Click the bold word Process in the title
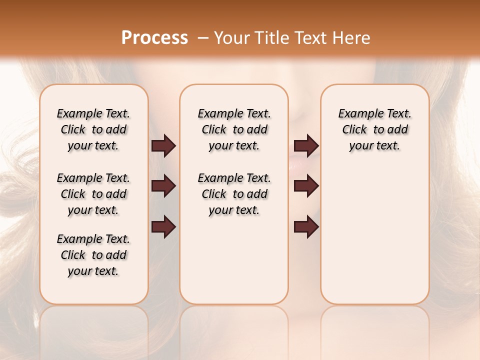pos(154,38)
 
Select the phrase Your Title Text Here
pos(292,38)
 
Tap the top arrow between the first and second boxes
pos(163,145)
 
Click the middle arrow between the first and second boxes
pos(163,186)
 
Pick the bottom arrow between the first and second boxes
pos(163,226)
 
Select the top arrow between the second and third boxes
pos(306,145)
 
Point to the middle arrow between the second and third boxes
pos(306,186)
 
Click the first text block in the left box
pos(93,129)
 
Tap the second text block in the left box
pos(93,194)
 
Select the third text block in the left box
pos(93,255)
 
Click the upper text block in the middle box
pos(234,129)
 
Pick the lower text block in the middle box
pos(234,194)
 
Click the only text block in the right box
pos(374,129)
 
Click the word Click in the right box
pos(354,130)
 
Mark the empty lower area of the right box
pos(374,230)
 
